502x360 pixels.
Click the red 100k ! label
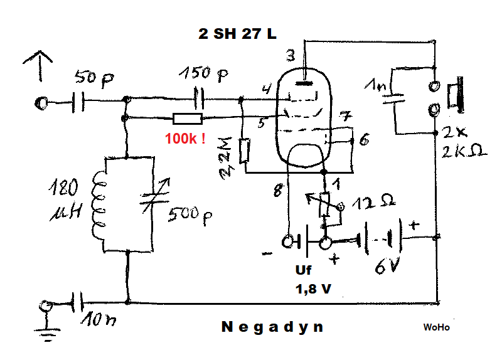[x=185, y=139]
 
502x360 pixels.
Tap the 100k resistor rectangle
[x=188, y=119]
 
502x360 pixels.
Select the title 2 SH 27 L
[x=237, y=34]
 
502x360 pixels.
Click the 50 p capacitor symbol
[x=78, y=102]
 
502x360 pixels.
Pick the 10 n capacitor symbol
[x=77, y=302]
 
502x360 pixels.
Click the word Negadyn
[x=272, y=327]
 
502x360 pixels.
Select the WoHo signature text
[x=436, y=327]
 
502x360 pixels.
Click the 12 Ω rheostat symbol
[x=325, y=205]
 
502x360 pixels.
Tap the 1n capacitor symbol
[x=393, y=97]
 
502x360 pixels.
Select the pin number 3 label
[x=291, y=56]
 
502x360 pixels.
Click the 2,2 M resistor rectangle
[x=245, y=151]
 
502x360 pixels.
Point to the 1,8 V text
[x=313, y=289]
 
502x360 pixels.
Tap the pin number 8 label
[x=279, y=191]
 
